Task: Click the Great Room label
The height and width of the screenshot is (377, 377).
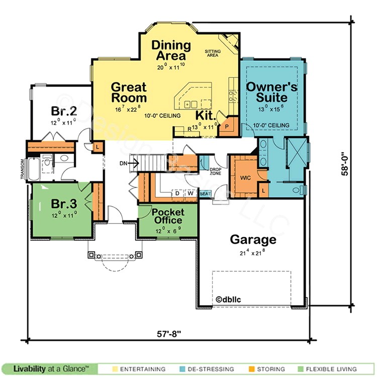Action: (129, 92)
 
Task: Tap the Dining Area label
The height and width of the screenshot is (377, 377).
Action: (171, 50)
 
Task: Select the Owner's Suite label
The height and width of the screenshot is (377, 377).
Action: (271, 92)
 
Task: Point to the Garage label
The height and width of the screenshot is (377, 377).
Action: (253, 239)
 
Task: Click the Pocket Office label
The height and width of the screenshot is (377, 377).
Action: (168, 216)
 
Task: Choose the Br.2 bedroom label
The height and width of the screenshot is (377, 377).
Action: (63, 110)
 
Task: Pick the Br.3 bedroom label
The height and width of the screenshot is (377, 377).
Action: (64, 204)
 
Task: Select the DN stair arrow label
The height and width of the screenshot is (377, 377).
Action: (124, 162)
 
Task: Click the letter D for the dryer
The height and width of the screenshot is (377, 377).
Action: (177, 193)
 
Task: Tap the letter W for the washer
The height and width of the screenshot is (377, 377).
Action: (190, 193)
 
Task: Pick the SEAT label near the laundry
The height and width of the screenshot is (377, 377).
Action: (205, 194)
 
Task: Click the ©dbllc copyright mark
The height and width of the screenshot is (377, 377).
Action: (230, 299)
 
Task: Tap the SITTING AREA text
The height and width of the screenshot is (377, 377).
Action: (213, 53)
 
